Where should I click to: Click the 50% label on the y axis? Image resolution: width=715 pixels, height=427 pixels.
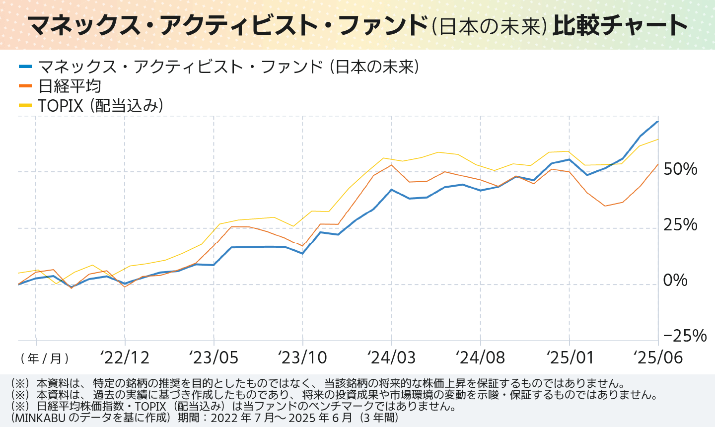coord(680,169)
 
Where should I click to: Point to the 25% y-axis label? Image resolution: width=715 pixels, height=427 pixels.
coord(680,225)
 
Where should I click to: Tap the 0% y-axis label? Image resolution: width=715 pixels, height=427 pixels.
coord(675,281)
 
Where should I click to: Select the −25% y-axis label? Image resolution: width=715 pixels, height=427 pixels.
coord(685,336)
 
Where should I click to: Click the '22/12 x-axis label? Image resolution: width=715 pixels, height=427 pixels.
coord(125,357)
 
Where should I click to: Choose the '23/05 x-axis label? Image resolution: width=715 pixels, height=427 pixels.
coord(214,357)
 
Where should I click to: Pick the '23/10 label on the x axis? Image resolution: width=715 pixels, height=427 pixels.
coord(302,357)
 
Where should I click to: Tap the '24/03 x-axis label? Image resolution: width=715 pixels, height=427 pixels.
coord(391,357)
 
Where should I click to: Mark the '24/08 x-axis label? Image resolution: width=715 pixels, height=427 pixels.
coord(480,357)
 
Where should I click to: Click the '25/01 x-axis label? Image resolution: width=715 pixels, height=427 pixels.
coord(570,357)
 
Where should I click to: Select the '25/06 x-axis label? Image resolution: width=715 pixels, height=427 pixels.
coord(658,357)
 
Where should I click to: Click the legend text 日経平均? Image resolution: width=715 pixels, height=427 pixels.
coord(70,86)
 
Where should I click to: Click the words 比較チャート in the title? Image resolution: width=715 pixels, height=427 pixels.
coord(620,25)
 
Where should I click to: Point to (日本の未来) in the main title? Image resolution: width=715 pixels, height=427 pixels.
coord(489,26)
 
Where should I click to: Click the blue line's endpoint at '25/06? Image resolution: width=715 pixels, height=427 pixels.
coord(658,121)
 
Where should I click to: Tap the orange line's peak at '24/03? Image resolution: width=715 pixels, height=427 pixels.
coord(391,165)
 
